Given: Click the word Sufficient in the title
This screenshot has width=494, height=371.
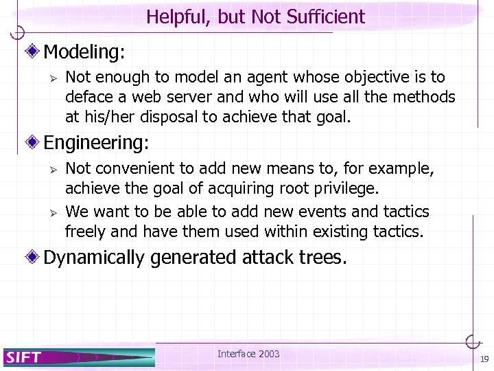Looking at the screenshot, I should coord(325,16).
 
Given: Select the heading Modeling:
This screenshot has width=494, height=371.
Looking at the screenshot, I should coord(84,51).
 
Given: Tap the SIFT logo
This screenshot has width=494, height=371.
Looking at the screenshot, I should coord(25,357).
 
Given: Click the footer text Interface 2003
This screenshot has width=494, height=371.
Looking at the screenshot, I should coord(248,354).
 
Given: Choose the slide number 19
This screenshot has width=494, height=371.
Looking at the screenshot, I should coord(484,359).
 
